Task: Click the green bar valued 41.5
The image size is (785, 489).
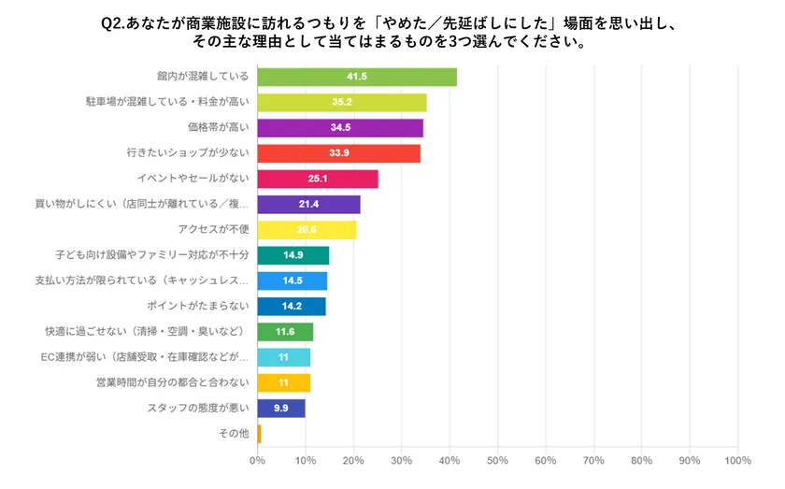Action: [357, 77]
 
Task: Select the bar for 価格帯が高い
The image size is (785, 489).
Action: [340, 128]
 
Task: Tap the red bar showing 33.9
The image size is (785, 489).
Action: [338, 153]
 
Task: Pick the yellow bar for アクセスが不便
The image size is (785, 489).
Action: [307, 230]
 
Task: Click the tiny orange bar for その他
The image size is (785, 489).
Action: [259, 434]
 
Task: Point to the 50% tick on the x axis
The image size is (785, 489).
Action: [497, 460]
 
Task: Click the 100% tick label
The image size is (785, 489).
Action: [737, 460]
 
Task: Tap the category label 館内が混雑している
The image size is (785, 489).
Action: [203, 77]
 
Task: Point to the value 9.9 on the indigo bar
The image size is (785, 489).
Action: [280, 408]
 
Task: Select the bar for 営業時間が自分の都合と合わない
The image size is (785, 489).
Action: [283, 382]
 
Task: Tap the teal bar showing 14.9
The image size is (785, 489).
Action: [293, 255]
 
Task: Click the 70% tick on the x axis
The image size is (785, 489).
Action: [593, 460]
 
